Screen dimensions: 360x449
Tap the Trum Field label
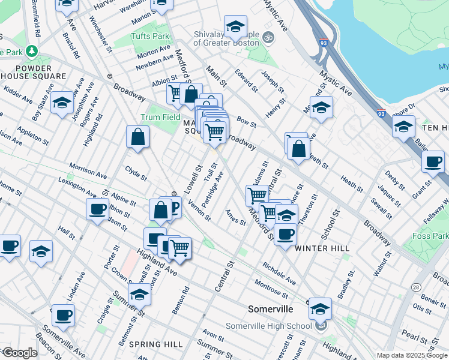[160, 117]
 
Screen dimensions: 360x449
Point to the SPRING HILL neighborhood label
[155, 344]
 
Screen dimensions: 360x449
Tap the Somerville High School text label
[268, 326]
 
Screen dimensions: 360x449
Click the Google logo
[19, 353]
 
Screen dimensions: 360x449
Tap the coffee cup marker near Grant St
[433, 161]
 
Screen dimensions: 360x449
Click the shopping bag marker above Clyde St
[138, 136]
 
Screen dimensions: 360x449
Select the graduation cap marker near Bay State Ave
[62, 103]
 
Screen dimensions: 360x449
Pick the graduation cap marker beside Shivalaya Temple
[235, 26]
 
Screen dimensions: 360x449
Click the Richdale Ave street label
[279, 272]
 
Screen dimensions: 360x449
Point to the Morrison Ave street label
[87, 170]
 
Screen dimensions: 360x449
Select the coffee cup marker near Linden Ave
[63, 315]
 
